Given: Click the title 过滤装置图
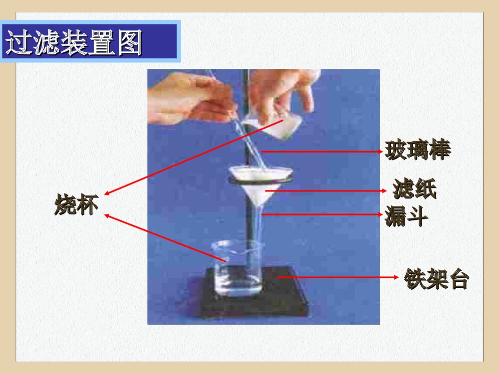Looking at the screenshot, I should coord(74,42).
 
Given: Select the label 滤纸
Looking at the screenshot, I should coord(414,190).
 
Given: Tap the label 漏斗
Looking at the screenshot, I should coord(406,216).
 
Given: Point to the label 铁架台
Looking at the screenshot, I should coord(437,279).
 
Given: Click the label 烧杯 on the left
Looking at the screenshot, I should coord(76,205).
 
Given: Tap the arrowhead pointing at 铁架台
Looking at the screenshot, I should coord(398,277).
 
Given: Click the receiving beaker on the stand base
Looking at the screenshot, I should coord(237,269).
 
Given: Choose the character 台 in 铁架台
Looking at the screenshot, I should coord(459,279).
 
